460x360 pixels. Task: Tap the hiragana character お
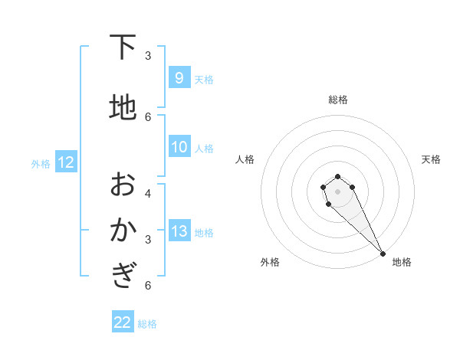[123, 184]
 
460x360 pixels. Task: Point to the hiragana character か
[123, 230]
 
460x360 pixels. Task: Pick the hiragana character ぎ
[123, 276]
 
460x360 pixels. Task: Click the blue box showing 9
[179, 78]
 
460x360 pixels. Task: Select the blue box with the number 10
[179, 147]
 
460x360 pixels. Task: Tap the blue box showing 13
[179, 232]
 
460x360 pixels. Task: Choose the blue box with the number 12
[66, 162]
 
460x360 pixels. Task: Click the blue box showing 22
[123, 322]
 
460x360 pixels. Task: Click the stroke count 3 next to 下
[148, 55]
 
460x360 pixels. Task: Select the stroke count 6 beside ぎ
[148, 285]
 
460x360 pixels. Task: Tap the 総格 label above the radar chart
[338, 100]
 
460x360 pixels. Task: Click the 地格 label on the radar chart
[402, 262]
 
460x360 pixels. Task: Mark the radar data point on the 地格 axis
[383, 254]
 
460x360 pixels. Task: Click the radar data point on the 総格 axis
[337, 175]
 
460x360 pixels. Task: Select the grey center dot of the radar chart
[337, 191]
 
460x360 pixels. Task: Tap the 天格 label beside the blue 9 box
[204, 79]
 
